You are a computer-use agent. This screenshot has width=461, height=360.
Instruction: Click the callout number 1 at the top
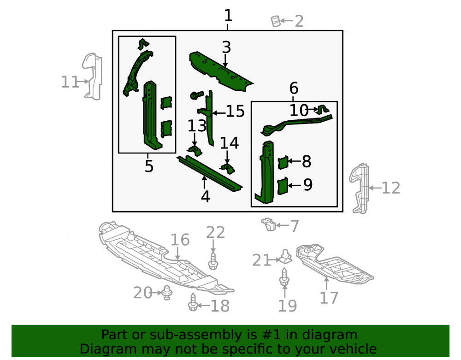[x=228, y=15]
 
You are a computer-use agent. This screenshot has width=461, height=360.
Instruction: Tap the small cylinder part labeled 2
[x=276, y=21]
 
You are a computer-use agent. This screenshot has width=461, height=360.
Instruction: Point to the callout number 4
[x=206, y=197]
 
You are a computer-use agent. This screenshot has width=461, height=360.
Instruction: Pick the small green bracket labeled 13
[x=195, y=150]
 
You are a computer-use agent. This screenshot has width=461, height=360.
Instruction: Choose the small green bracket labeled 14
[x=228, y=169]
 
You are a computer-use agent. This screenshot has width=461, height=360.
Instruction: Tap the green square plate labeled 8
[x=283, y=162]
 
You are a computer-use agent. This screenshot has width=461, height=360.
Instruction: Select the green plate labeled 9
[x=283, y=186]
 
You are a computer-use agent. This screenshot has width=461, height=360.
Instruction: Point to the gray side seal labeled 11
[x=92, y=76]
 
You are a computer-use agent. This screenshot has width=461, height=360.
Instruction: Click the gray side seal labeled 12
[x=359, y=189]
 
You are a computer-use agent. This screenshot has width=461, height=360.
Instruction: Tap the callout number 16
[x=180, y=240]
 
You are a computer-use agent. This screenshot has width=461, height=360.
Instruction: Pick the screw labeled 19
[x=284, y=277]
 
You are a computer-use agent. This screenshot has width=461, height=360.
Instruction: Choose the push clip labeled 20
[x=167, y=292]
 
